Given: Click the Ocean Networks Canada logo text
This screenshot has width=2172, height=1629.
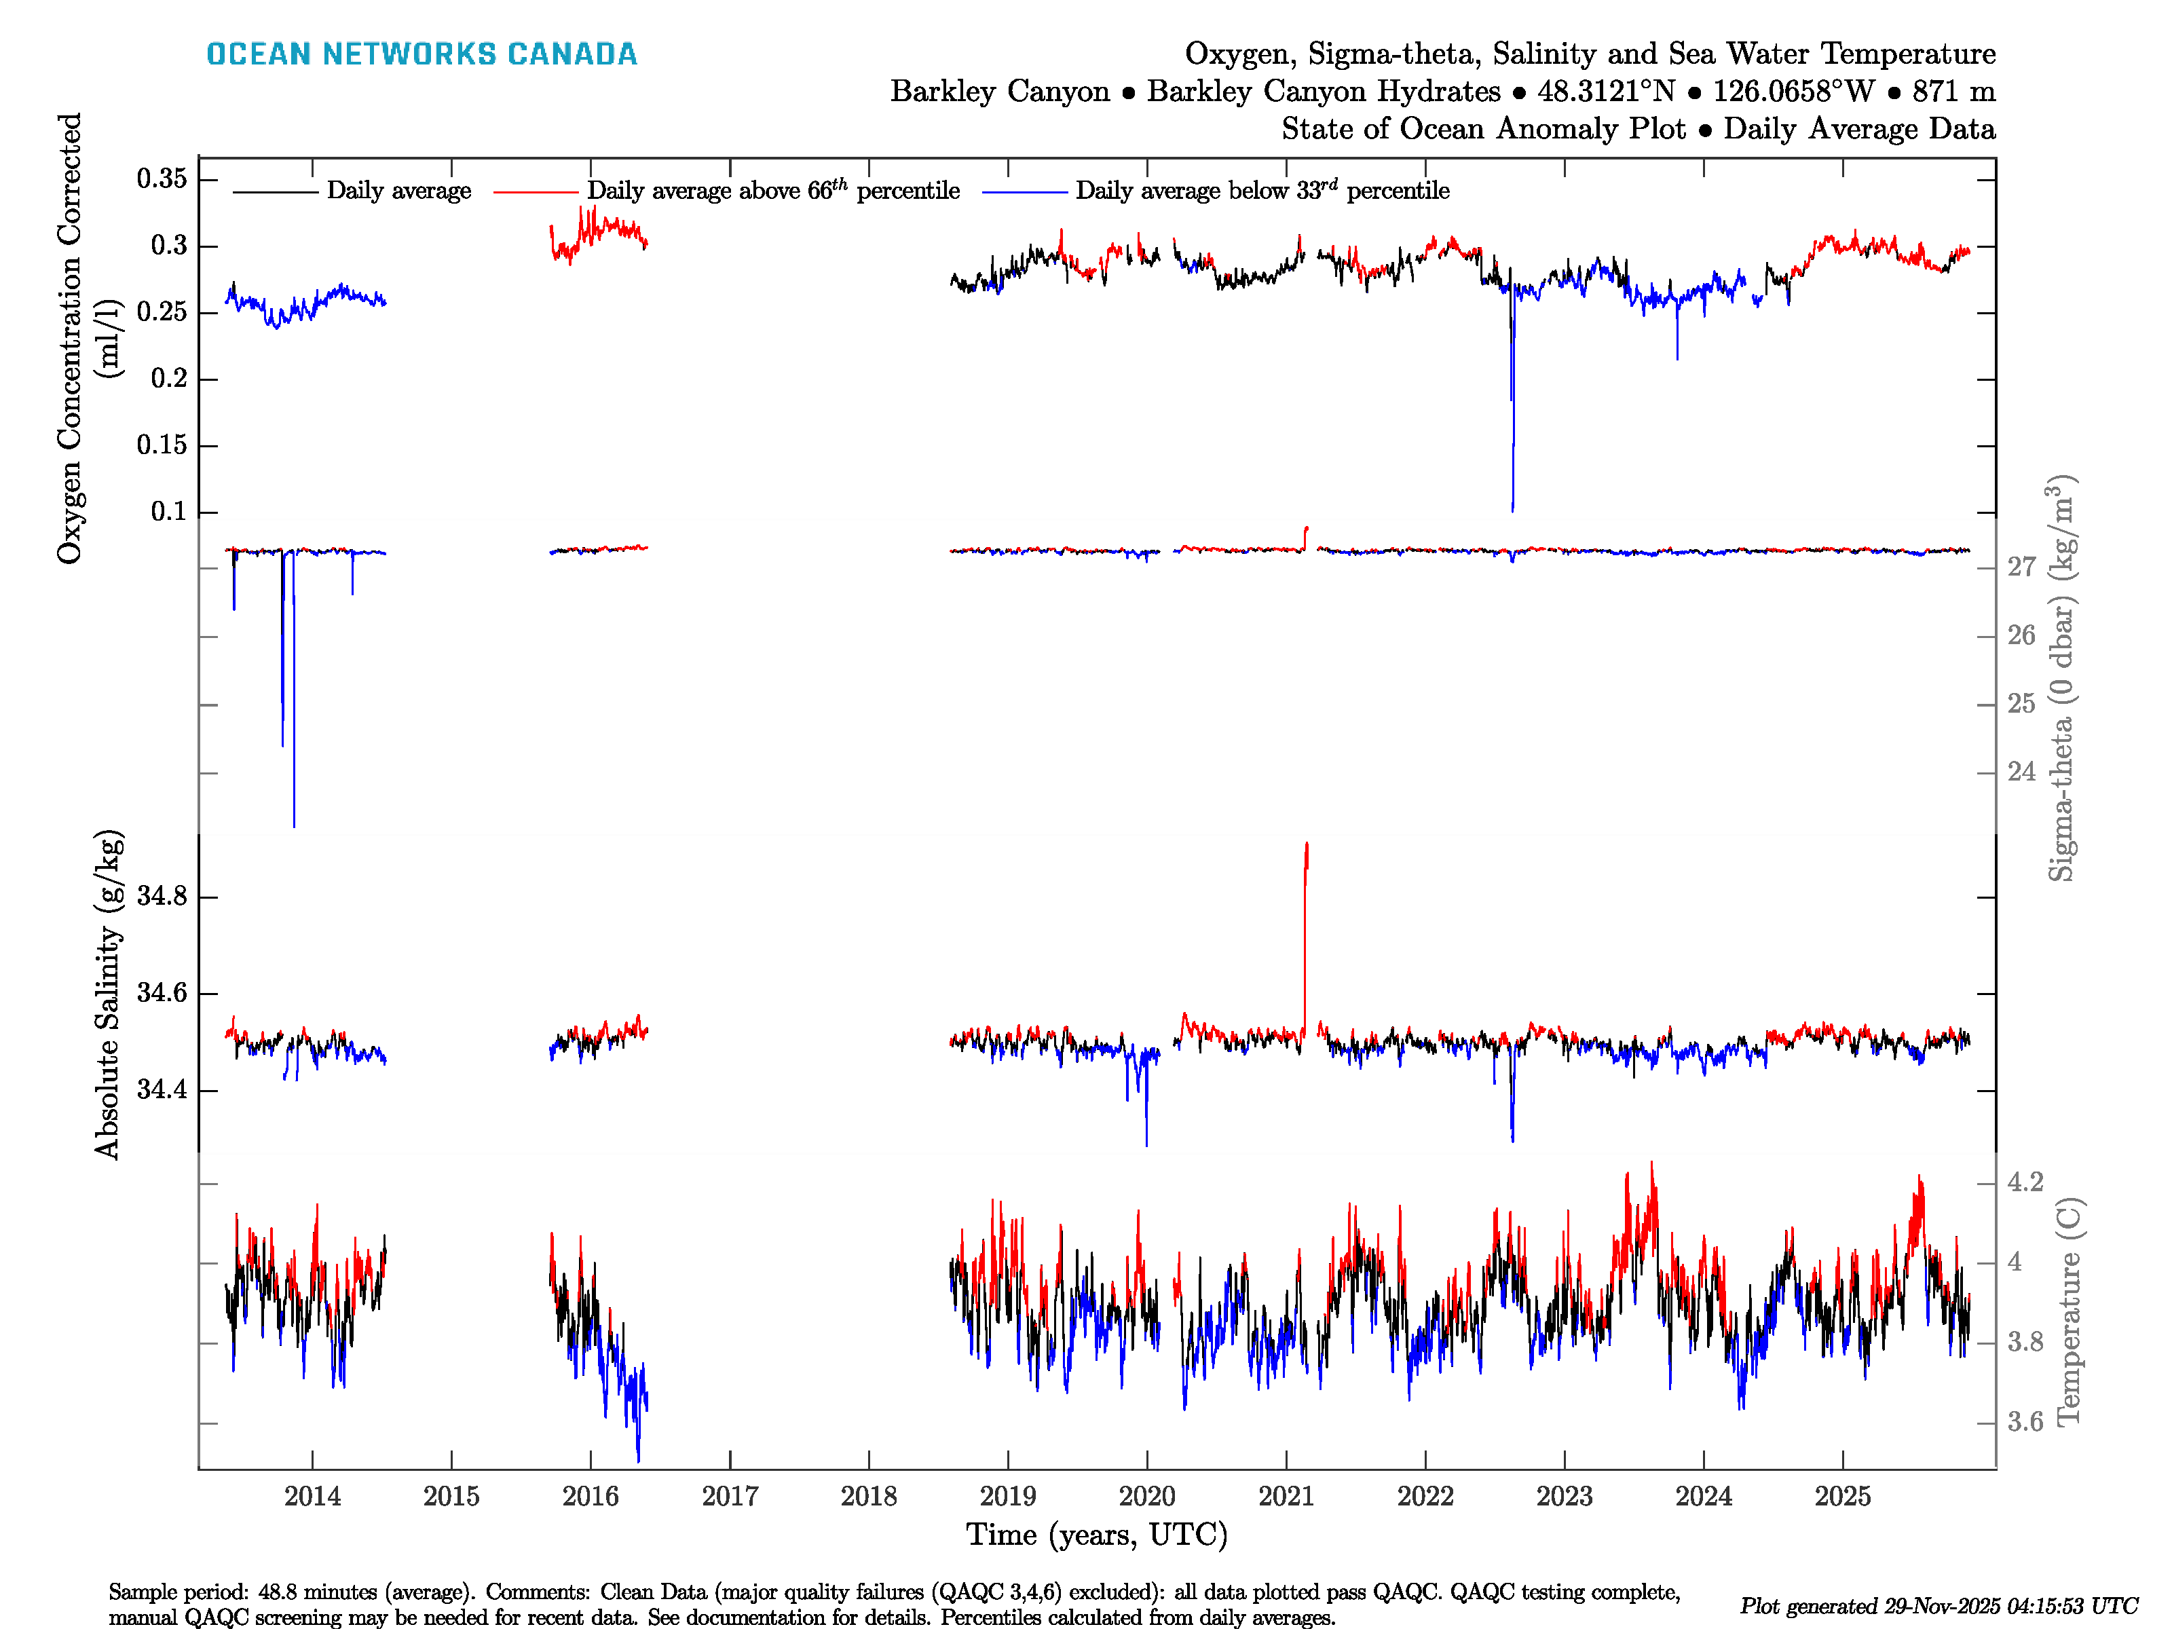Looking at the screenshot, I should [x=422, y=54].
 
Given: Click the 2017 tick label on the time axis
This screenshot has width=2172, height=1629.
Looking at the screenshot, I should [x=730, y=1497].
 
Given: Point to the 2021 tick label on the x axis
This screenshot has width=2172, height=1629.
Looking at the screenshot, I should [x=1286, y=1497].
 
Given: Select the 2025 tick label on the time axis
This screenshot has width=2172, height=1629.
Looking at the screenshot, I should [x=1842, y=1497].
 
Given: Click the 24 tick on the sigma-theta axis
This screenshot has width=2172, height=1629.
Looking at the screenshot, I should [x=2021, y=772].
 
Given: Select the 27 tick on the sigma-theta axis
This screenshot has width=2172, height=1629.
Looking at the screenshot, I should [x=2021, y=567].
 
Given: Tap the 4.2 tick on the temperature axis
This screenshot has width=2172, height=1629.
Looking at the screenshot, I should [x=2025, y=1182].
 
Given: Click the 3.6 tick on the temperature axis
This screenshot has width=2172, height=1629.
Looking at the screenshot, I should [x=2025, y=1422].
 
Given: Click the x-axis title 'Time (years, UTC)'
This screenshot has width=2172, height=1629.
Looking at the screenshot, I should [x=1097, y=1535].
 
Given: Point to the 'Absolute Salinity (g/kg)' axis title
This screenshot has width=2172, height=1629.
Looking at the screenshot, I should [x=108, y=994].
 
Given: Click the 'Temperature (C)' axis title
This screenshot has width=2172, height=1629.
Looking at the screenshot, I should [x=2068, y=1311].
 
